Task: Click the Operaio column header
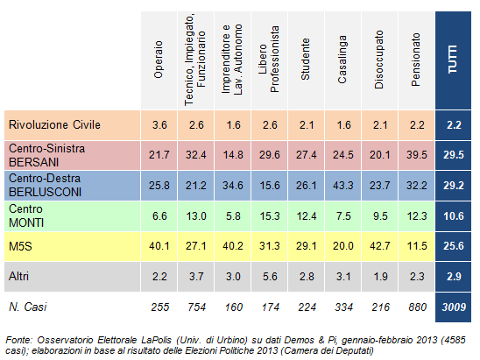pos(159,60)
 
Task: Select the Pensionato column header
pos(415,60)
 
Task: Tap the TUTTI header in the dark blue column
pos(453,60)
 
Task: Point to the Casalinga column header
pos(342,60)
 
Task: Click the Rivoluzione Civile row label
pos(54,125)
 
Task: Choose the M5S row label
pos(20,246)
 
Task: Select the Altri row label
pos(18,277)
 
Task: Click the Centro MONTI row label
pos(26,215)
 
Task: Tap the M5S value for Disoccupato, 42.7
pos(380,246)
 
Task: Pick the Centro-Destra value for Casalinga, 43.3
pos(343,186)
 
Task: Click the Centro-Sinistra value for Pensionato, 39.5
pos(417,155)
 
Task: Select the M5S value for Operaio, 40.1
pos(159,246)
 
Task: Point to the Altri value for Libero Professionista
pos(270,277)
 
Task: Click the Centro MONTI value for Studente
pos(307,216)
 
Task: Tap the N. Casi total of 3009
pos(454,307)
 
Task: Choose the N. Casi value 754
pos(196,307)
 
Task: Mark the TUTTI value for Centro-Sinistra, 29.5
pos(454,155)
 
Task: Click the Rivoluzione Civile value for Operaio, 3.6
pos(159,125)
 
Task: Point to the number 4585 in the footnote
pos(455,340)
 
